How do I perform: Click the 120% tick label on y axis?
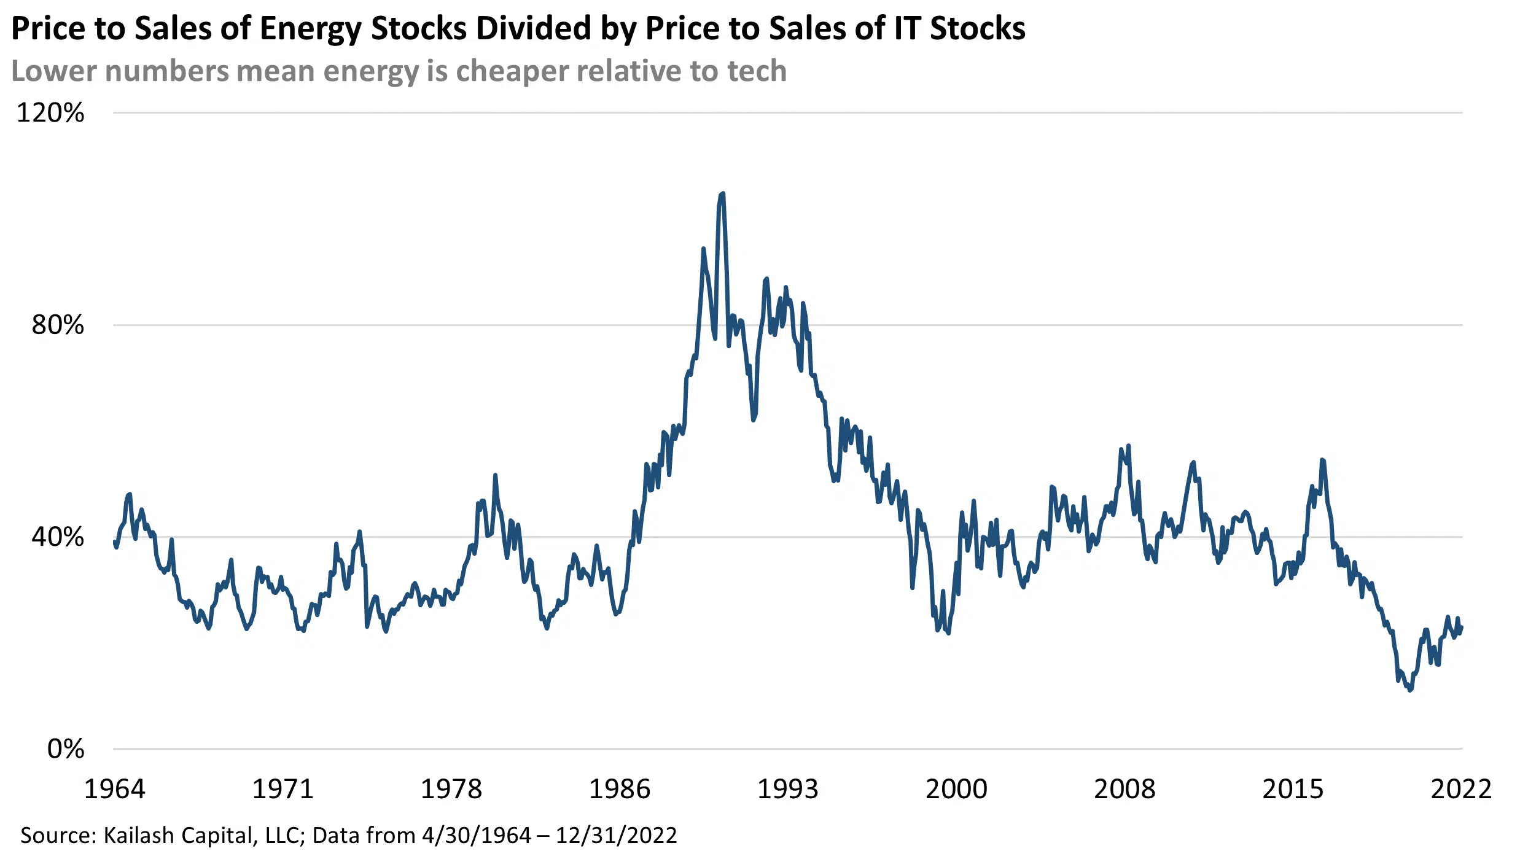point(50,113)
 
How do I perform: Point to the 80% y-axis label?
point(58,325)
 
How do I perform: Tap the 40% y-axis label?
point(58,537)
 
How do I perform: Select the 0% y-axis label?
point(66,749)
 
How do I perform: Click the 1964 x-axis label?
point(114,789)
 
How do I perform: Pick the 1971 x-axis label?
point(283,789)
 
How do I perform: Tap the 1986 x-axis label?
point(619,789)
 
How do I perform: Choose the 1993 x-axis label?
point(788,789)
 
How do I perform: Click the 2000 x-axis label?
point(956,789)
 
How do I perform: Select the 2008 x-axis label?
point(1124,789)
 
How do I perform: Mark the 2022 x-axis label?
point(1461,789)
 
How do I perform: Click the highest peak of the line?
point(722,194)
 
